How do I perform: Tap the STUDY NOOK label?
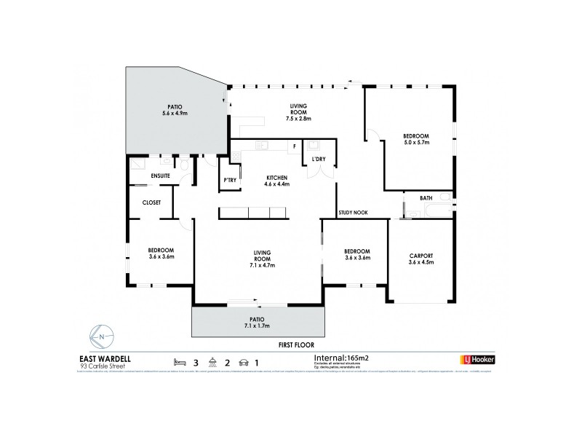tap(353, 213)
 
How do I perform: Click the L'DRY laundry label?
tap(318, 159)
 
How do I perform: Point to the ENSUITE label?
tap(161, 176)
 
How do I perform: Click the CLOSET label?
tap(151, 202)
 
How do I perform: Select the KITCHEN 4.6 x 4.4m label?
tap(276, 181)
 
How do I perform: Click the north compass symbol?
tap(102, 336)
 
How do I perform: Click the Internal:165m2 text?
tap(347, 358)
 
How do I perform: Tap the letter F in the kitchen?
tap(294, 146)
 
